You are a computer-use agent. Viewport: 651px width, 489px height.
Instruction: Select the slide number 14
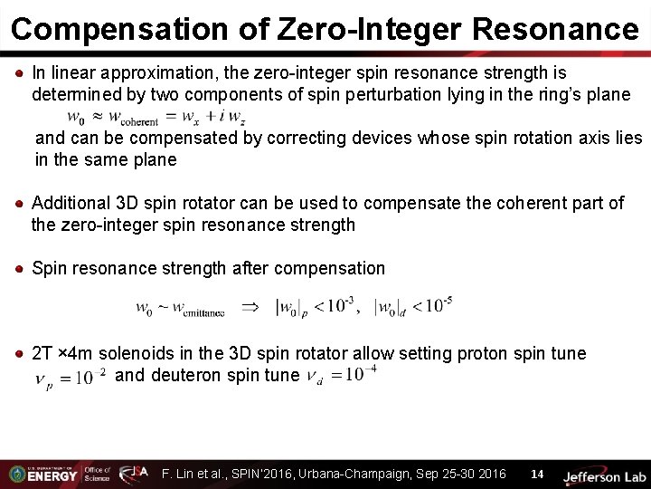coord(537,474)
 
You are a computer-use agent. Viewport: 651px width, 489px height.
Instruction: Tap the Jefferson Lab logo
coord(604,475)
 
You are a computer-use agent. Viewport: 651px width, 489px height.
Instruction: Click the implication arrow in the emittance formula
coord(253,307)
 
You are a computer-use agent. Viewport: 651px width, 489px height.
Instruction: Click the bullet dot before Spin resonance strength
coord(19,269)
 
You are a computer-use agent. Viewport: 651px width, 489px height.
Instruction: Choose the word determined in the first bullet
coord(72,94)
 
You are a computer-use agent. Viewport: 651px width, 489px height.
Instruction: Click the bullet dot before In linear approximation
coord(19,72)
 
